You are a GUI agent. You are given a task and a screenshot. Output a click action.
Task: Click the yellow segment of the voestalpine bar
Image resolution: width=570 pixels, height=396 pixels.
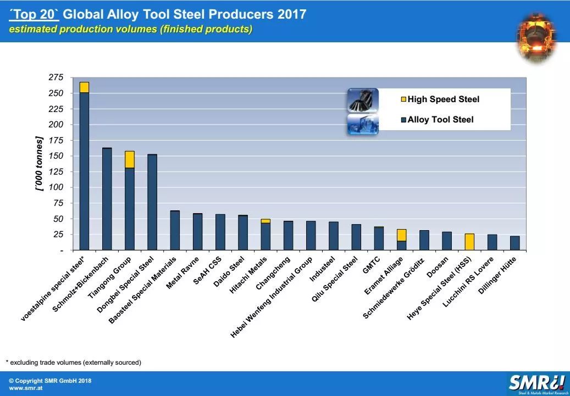(x=84, y=87)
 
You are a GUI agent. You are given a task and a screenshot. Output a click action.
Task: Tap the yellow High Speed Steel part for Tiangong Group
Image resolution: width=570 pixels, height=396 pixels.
(x=130, y=159)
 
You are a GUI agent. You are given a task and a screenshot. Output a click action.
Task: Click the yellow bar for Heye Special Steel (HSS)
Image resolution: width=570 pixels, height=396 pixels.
(x=469, y=242)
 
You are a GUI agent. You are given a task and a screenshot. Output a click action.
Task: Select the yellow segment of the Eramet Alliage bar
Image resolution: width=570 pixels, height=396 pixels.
(x=402, y=235)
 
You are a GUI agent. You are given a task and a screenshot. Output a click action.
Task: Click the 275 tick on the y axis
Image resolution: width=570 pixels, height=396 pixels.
(x=56, y=77)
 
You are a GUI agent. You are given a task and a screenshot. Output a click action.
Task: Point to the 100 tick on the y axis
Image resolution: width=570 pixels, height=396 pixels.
(x=56, y=187)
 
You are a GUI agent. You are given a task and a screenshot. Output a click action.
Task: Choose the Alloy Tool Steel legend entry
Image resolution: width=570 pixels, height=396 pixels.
(x=440, y=120)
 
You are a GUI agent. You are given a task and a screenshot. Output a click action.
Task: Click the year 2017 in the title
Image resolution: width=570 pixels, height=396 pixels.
(x=291, y=14)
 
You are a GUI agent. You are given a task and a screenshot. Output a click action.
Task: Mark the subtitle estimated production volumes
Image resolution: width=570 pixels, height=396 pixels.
(x=131, y=29)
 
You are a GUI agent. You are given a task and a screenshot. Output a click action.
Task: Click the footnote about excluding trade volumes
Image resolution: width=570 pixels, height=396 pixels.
(x=73, y=362)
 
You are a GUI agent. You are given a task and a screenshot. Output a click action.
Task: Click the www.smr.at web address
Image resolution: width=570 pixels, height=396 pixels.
(x=26, y=388)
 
